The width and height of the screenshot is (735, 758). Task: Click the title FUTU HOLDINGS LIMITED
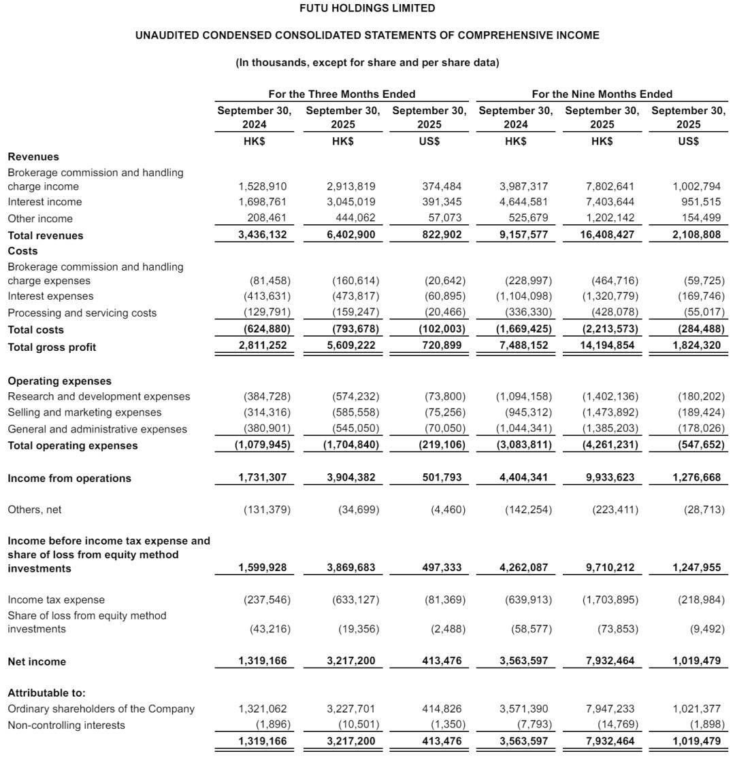pyautogui.click(x=367, y=9)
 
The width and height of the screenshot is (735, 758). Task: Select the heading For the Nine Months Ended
pyautogui.click(x=602, y=94)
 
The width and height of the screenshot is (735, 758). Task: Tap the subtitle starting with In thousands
pyautogui.click(x=367, y=63)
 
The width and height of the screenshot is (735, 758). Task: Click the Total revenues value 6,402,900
pyautogui.click(x=350, y=235)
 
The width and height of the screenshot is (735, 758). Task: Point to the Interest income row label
pyautogui.click(x=45, y=202)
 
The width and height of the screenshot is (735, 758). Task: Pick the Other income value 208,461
pyautogui.click(x=266, y=219)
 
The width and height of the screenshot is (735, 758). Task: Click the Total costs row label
pyautogui.click(x=36, y=330)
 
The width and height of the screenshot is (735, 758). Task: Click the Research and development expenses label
pyautogui.click(x=99, y=396)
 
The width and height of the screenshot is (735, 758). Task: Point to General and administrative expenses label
pyautogui.click(x=97, y=430)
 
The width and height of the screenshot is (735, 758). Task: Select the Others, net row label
pyautogui.click(x=34, y=509)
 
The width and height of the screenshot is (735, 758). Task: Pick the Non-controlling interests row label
pyautogui.click(x=67, y=725)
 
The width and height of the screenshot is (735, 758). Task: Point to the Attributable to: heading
pyautogui.click(x=47, y=693)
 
